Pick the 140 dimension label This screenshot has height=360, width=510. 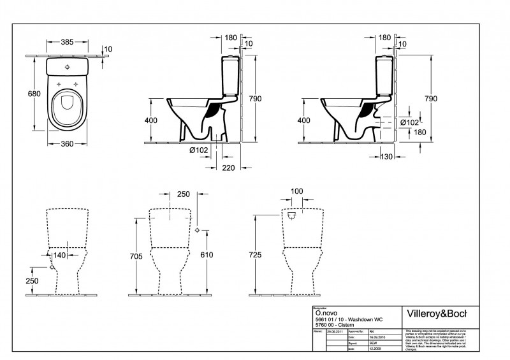[x=60, y=255]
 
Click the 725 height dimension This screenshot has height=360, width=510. [x=255, y=255]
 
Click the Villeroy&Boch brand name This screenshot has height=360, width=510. [x=436, y=313]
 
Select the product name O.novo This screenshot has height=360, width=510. [x=326, y=313]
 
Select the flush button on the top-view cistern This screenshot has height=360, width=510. [x=68, y=65]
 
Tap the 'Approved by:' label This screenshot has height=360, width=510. [x=354, y=332]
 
